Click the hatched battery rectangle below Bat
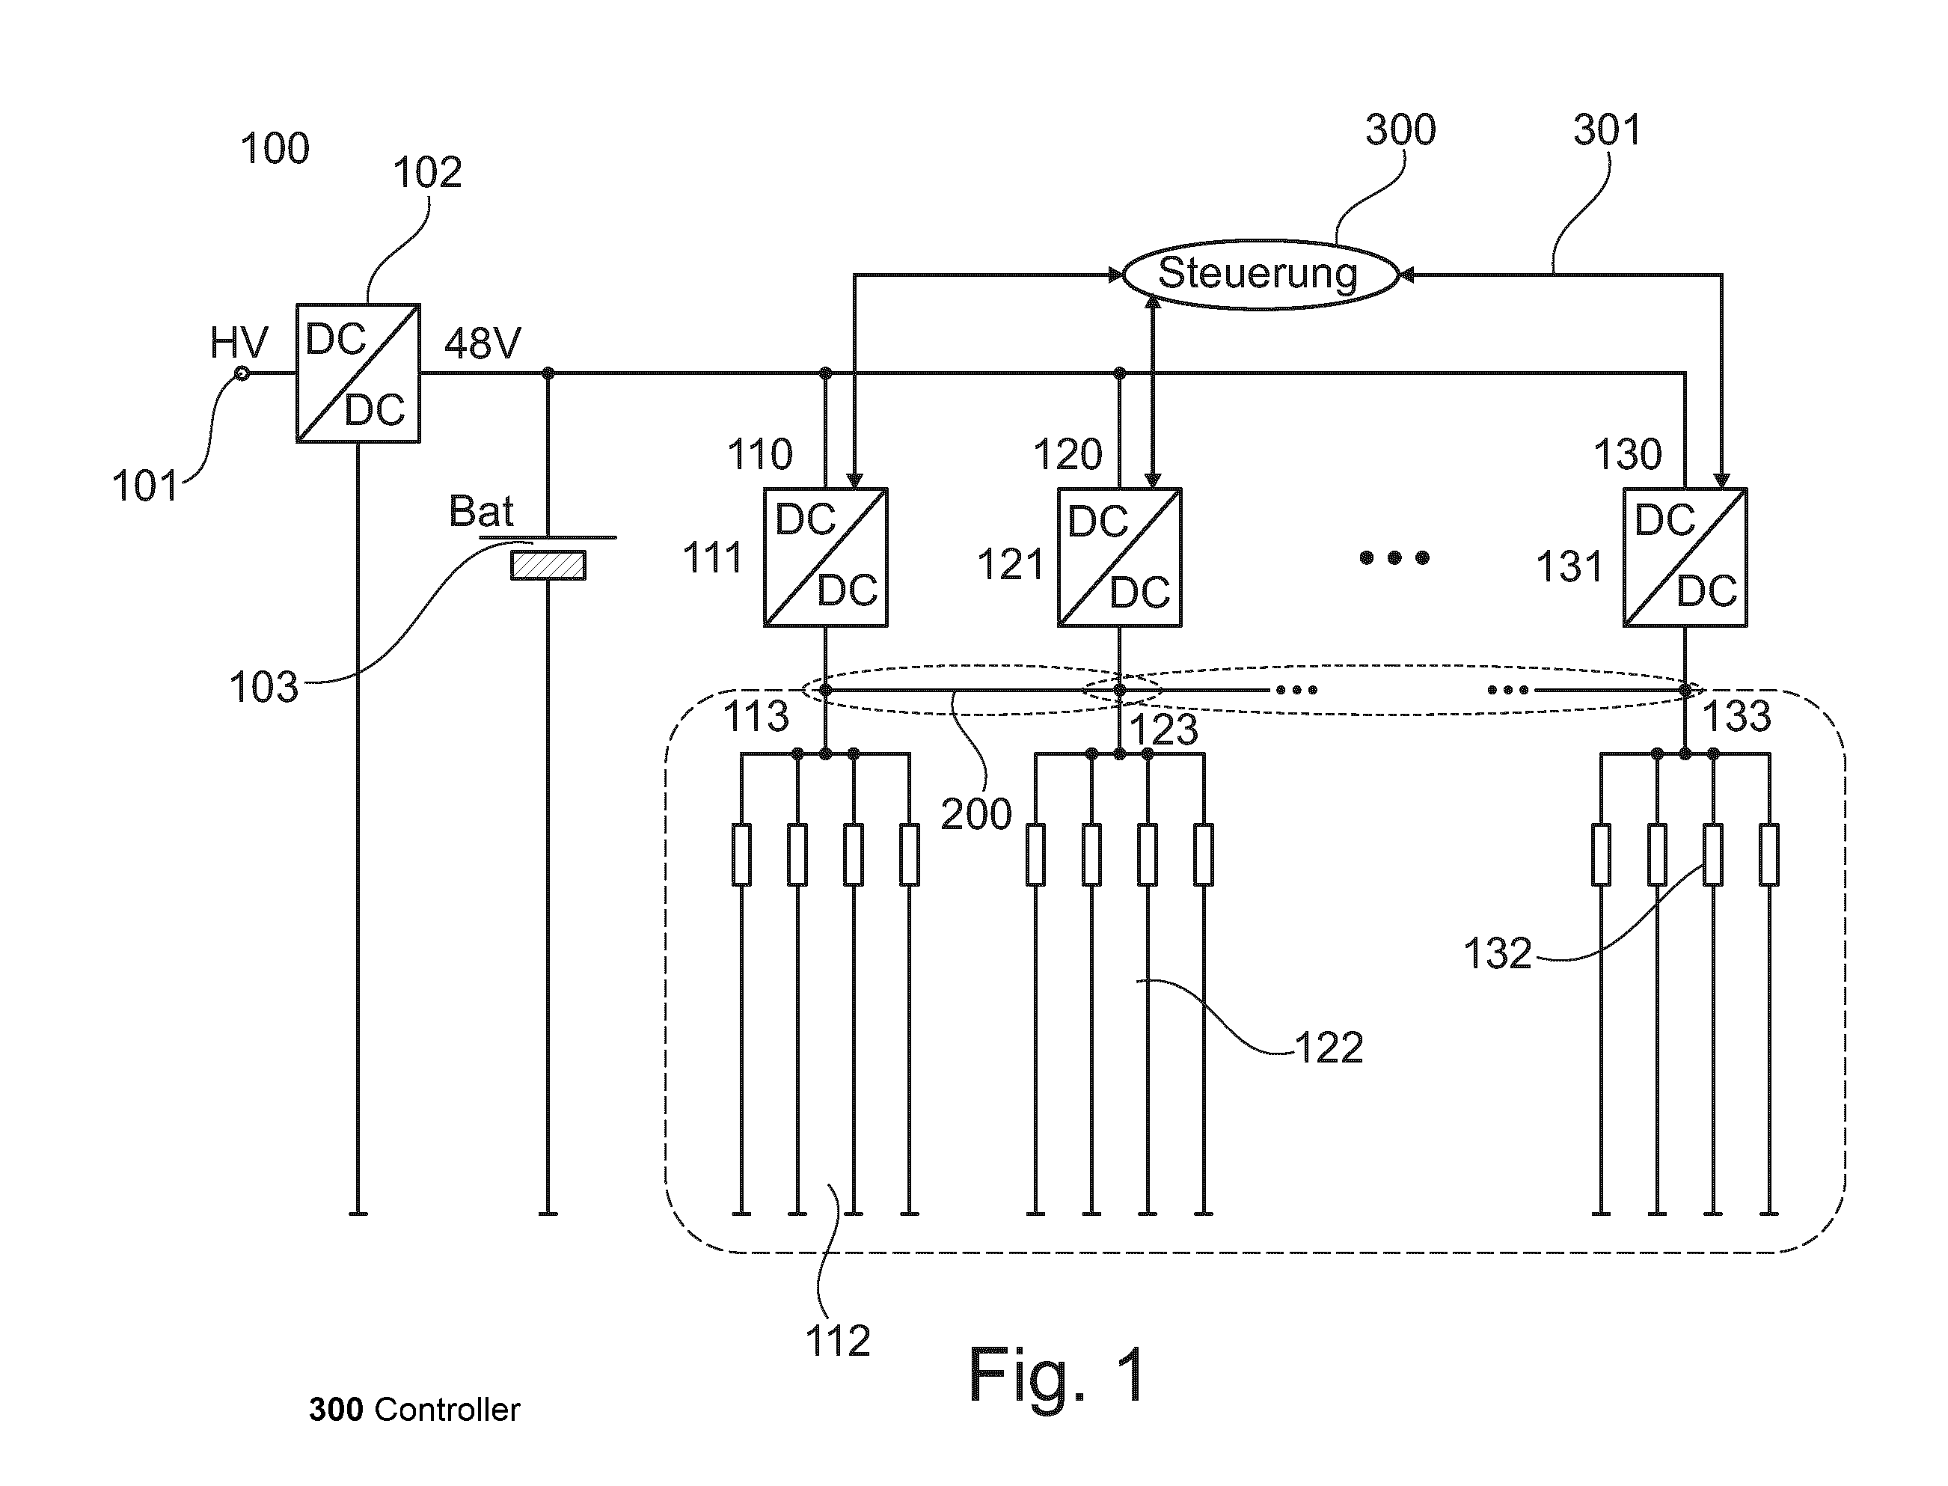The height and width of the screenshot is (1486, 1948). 548,565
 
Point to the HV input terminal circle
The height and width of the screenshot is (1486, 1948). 242,374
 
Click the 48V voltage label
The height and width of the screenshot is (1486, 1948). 483,343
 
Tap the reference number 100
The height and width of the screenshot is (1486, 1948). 275,149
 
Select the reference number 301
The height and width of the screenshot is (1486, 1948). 1608,130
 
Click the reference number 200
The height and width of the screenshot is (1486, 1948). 976,815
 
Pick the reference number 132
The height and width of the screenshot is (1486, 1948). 1498,953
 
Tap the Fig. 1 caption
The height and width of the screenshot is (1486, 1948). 1058,1375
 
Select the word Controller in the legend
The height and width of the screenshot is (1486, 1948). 447,1410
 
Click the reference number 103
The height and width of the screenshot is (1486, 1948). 263,688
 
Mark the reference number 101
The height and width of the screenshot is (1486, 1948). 145,486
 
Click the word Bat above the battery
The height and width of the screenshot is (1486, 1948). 482,511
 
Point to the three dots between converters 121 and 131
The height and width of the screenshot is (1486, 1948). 1394,557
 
